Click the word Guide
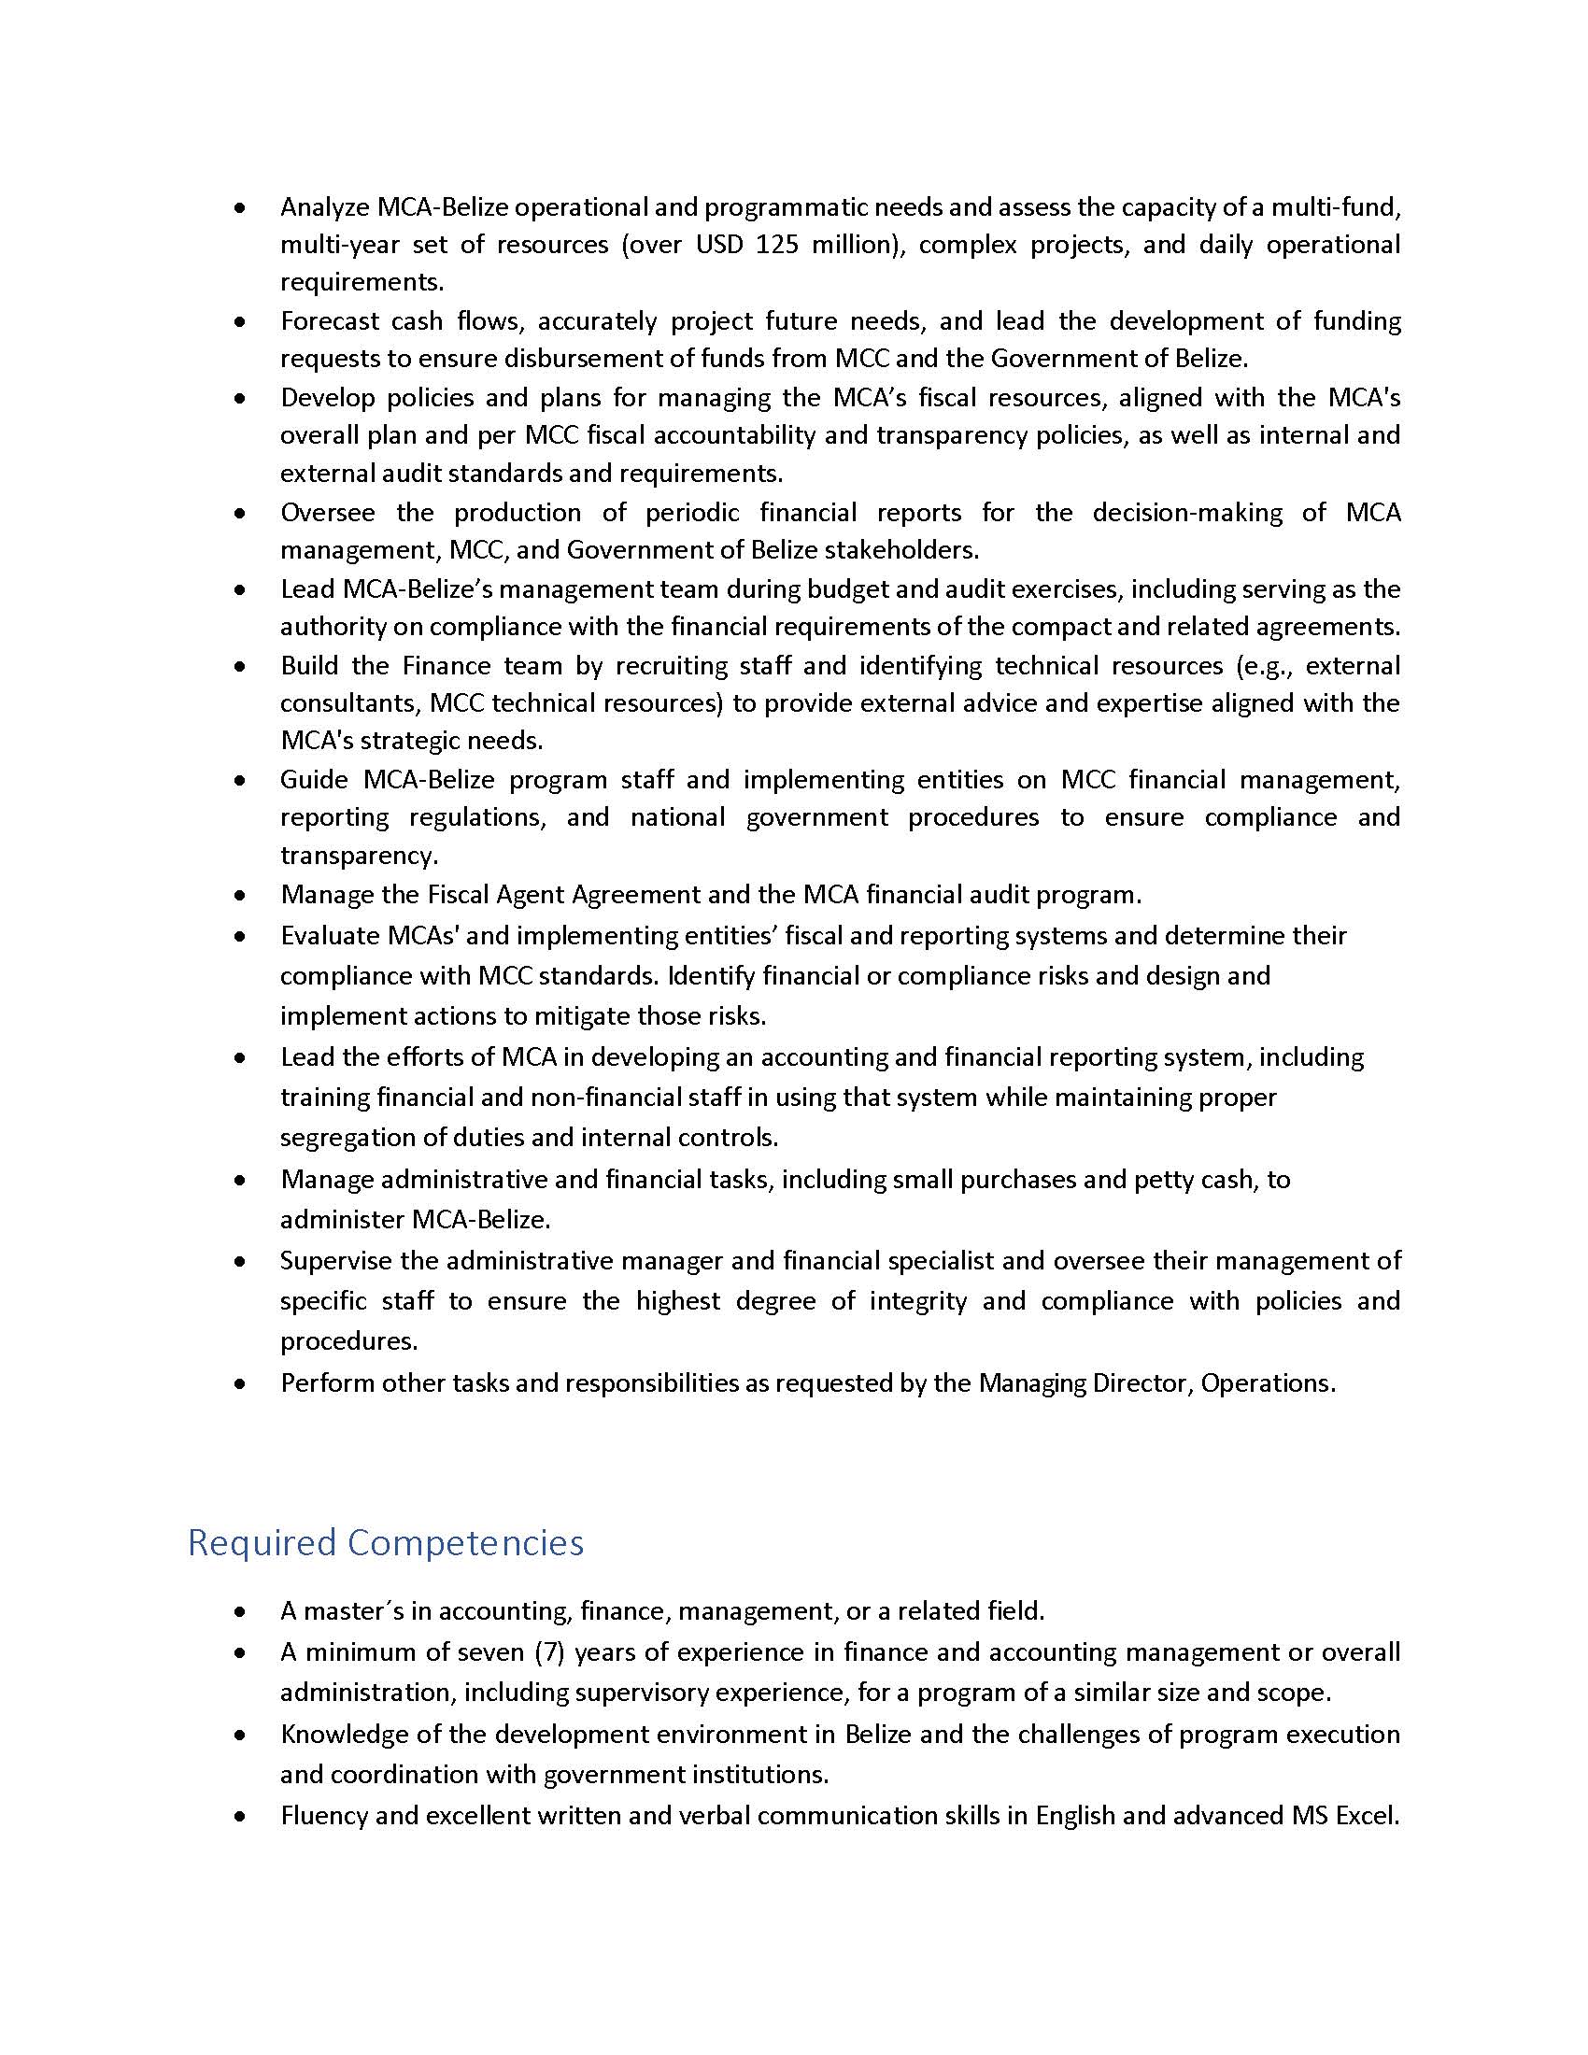[311, 780]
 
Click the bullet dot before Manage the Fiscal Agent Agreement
[242, 896]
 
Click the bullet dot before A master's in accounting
[242, 1613]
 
